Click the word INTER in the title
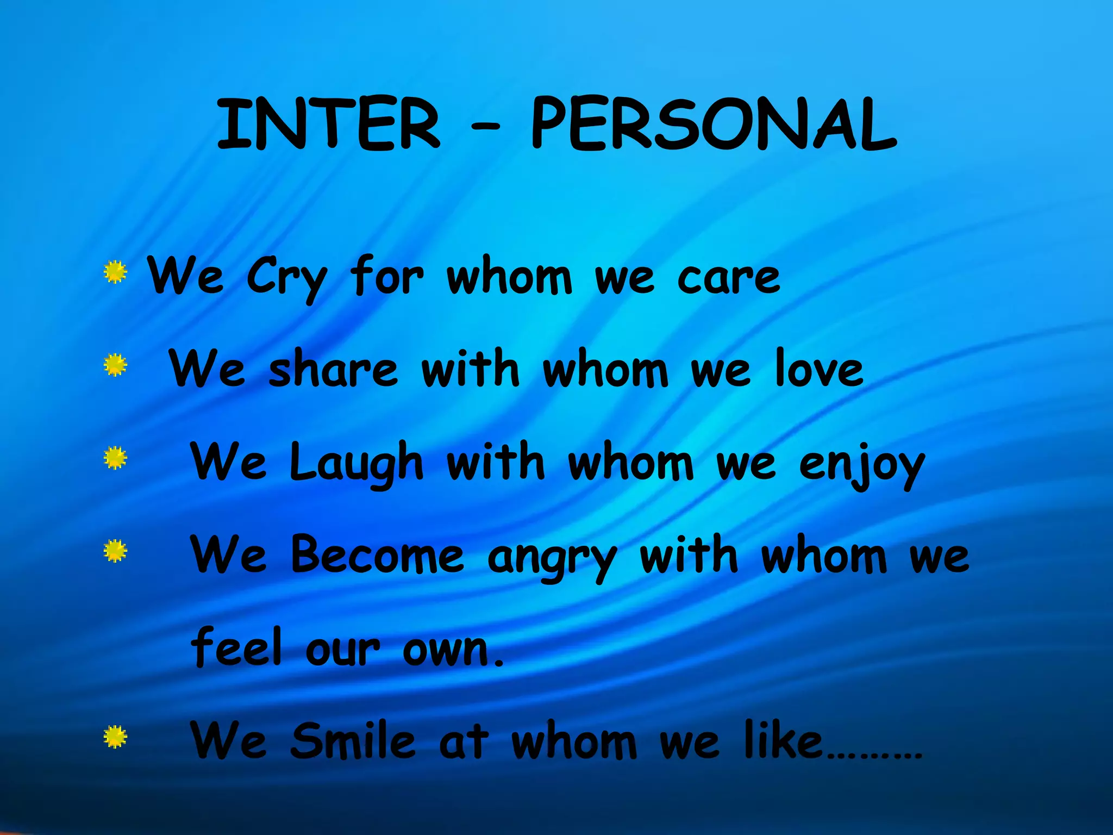328,124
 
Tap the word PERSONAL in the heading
713,124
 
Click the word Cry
287,277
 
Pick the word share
333,370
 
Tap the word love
819,370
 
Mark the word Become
377,554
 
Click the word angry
552,558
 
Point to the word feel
237,647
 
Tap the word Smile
353,740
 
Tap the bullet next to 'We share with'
115,365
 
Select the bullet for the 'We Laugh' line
115,458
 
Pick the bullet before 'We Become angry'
115,551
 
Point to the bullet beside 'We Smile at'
115,737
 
